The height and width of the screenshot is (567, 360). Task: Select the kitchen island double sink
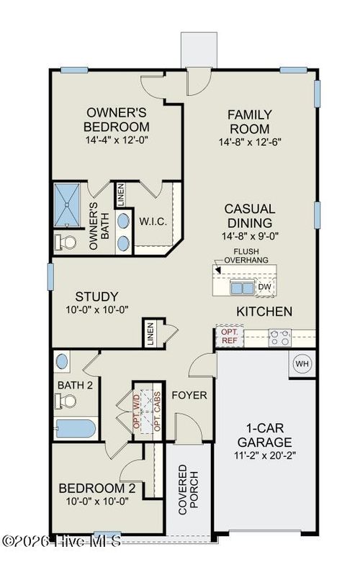tap(241, 288)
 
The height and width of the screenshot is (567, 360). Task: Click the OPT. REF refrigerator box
tap(229, 335)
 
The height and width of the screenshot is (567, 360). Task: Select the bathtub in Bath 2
tap(75, 429)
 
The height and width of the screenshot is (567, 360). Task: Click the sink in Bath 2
tap(62, 360)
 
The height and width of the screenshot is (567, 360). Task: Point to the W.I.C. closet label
tap(153, 221)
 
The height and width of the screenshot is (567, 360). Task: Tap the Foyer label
tap(189, 395)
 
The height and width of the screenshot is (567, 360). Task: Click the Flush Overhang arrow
tap(218, 267)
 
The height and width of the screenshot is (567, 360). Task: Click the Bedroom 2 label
tap(96, 489)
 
